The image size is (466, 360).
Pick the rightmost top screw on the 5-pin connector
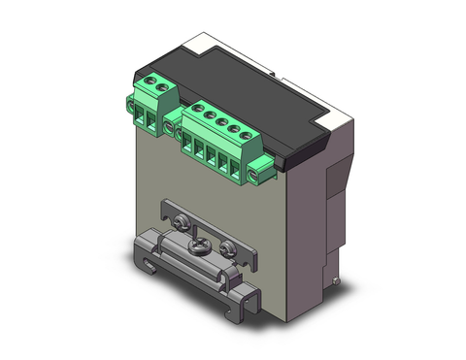247,134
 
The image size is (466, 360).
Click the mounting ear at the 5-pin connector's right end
258,175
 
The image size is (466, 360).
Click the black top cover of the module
243,78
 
